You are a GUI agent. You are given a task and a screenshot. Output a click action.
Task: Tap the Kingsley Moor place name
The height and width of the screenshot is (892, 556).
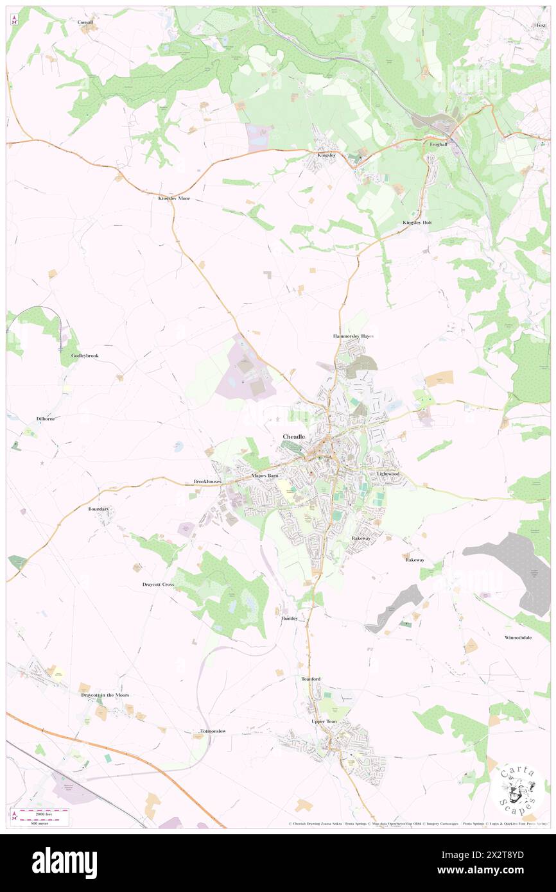(x=174, y=199)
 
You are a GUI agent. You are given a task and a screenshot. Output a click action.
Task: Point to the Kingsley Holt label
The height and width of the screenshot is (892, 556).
(x=417, y=222)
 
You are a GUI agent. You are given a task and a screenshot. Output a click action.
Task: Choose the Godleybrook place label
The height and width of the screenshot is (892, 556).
(x=85, y=355)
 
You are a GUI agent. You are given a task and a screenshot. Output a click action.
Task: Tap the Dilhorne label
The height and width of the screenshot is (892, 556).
(x=46, y=419)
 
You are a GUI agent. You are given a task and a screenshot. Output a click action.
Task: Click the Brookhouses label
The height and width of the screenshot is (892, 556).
(x=207, y=481)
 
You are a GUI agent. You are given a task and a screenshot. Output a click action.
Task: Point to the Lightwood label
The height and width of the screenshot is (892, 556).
(x=388, y=474)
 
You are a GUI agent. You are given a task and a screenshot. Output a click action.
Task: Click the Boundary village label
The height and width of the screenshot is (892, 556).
(x=99, y=509)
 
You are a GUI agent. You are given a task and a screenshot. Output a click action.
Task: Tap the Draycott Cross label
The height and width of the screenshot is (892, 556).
(x=158, y=585)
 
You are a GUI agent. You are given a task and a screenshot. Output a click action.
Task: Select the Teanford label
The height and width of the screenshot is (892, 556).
(x=311, y=679)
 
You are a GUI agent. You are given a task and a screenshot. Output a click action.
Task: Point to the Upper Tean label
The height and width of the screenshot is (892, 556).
(x=324, y=721)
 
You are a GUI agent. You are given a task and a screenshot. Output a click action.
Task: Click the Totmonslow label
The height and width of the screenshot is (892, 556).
(x=213, y=731)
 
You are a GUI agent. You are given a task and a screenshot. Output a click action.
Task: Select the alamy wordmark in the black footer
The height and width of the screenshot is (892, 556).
(x=65, y=863)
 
